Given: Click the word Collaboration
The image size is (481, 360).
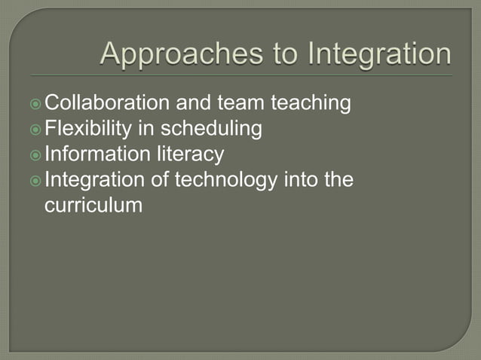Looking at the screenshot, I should tap(109, 102).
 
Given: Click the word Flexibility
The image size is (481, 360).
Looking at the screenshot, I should tap(91, 129).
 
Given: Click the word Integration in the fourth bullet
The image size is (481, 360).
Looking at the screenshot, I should tap(96, 180).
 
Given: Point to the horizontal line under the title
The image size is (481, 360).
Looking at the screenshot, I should tap(241, 75).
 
